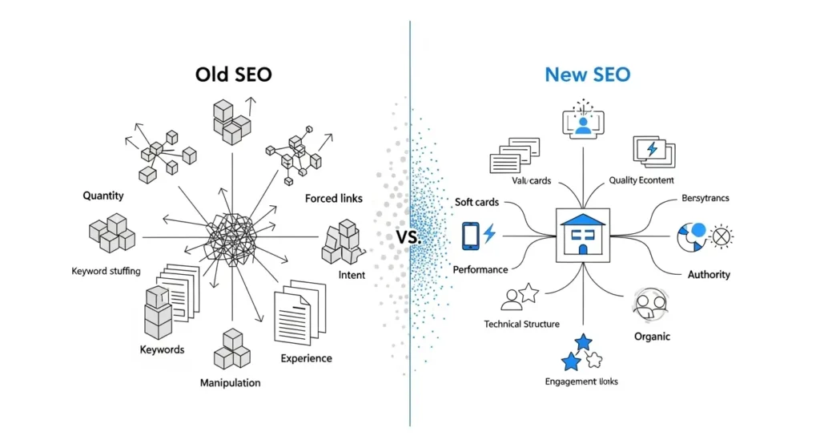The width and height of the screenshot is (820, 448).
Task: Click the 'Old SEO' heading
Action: [x=233, y=75]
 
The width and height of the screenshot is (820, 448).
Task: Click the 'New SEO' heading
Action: [x=587, y=75]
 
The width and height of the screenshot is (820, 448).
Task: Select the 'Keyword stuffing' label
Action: [x=106, y=271]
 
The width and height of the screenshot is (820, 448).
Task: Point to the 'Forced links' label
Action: [x=333, y=198]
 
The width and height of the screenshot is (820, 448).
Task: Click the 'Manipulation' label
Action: [x=230, y=382]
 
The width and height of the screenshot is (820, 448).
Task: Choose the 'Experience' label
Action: [x=306, y=358]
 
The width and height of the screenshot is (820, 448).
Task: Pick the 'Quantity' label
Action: [x=103, y=196]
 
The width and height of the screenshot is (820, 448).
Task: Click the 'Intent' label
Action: [x=352, y=275]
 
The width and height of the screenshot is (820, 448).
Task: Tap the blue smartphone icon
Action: [x=471, y=235]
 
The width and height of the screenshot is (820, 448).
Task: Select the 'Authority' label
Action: [x=709, y=274]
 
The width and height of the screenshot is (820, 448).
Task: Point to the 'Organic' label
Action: [x=652, y=337]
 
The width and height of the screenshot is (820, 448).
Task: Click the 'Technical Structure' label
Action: [x=522, y=324]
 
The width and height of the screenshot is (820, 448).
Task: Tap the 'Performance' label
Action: [x=480, y=270]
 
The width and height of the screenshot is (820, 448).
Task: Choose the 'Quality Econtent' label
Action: [x=641, y=181]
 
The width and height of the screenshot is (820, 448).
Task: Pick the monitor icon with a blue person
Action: [x=583, y=121]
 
